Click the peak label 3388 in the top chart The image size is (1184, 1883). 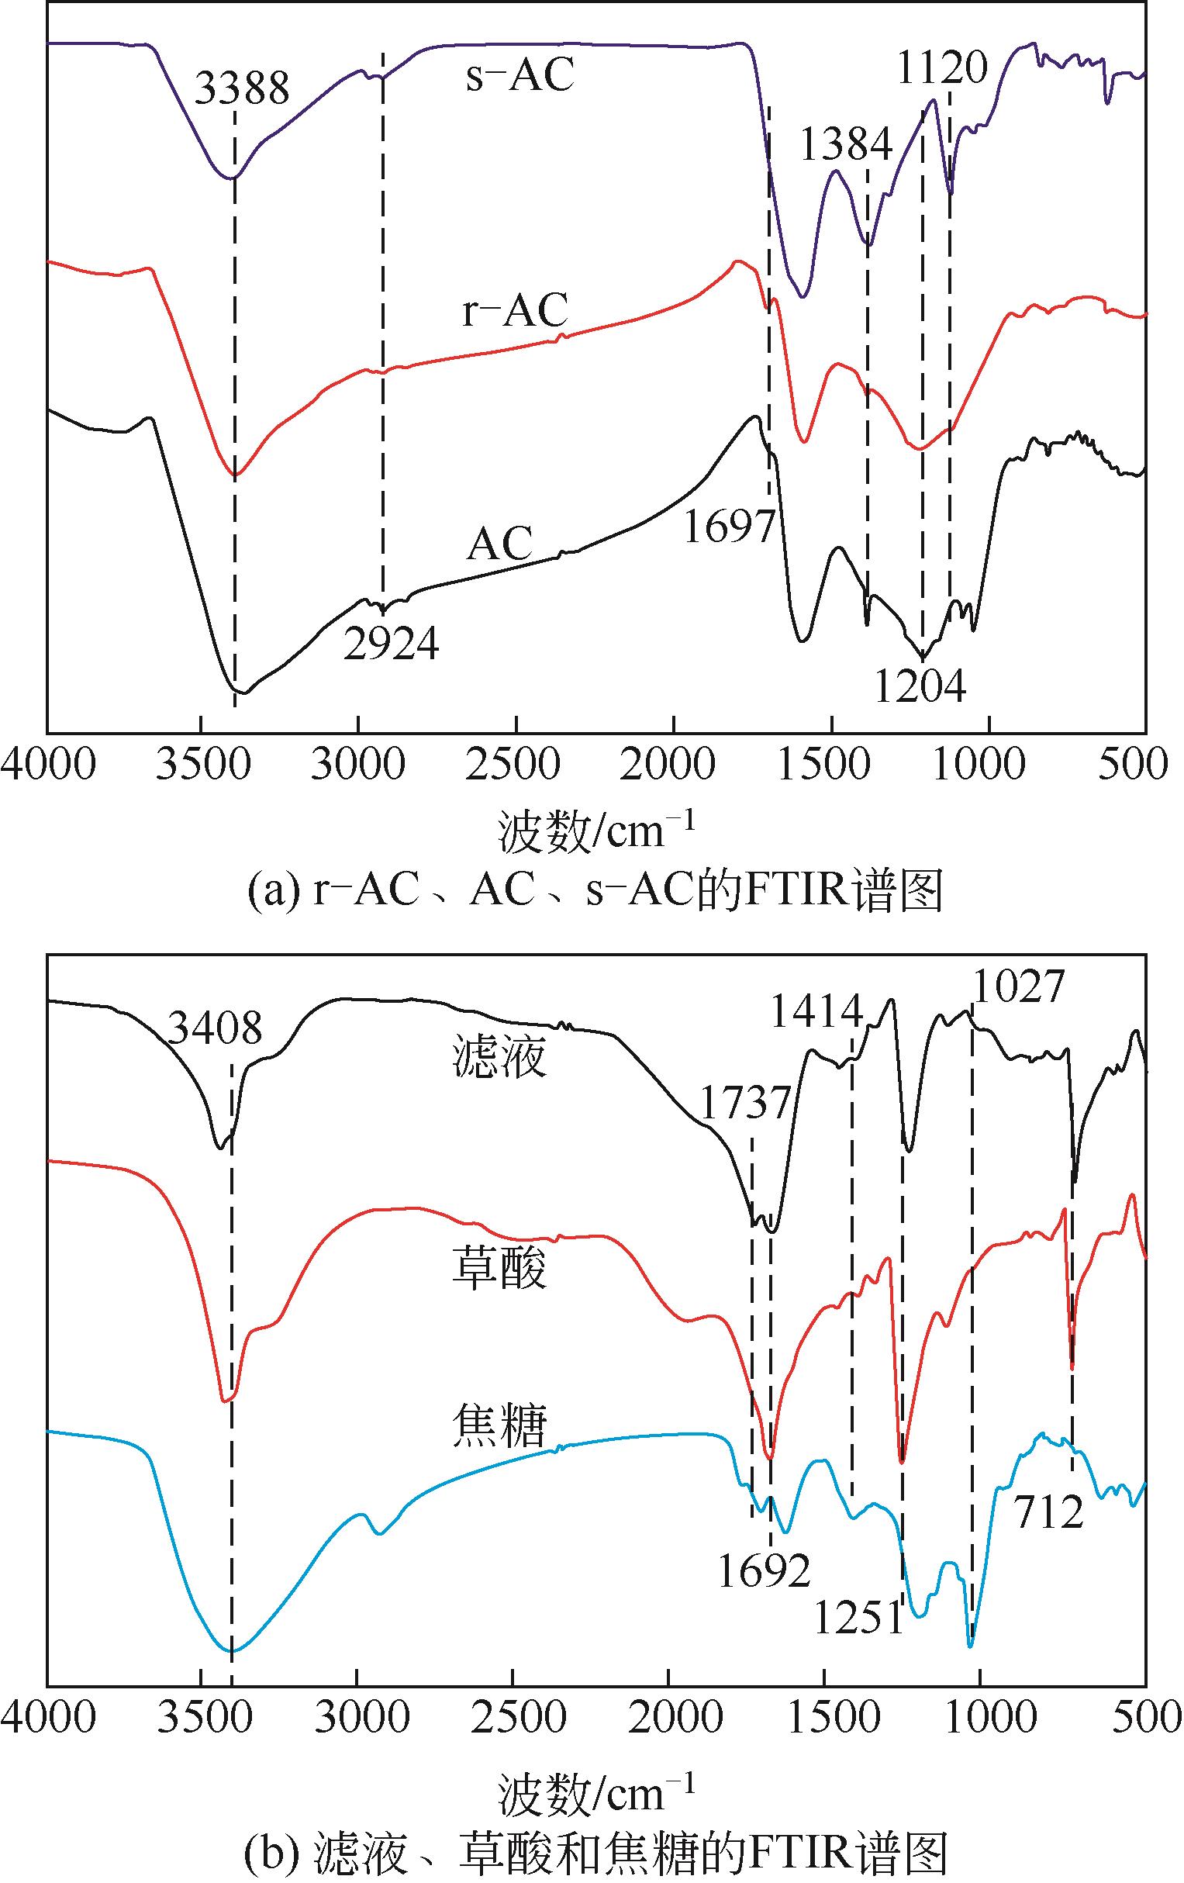[x=242, y=88]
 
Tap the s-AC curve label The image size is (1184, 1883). [x=520, y=76]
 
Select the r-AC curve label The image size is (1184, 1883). [x=515, y=310]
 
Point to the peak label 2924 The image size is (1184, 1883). [x=391, y=644]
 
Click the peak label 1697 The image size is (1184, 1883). [x=729, y=526]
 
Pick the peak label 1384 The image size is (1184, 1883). [x=845, y=144]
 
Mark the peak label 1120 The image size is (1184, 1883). [x=941, y=68]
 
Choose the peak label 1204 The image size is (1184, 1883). [x=920, y=686]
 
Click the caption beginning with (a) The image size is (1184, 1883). [x=595, y=891]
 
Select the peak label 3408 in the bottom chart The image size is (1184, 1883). [x=215, y=1028]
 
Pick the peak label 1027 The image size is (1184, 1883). [x=1018, y=986]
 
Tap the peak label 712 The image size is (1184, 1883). [x=1050, y=1512]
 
